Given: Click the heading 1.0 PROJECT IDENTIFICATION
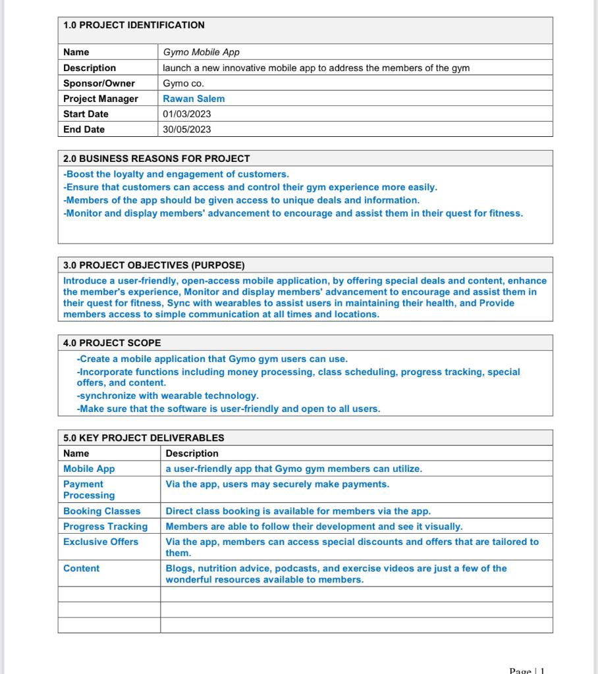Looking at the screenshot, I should point(134,26).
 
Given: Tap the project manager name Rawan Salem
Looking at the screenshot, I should point(194,99).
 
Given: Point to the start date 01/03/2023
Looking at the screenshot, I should point(187,114).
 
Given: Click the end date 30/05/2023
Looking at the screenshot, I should point(187,129).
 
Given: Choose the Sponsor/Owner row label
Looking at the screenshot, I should point(99,83).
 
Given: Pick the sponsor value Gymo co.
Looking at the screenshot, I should point(184,83).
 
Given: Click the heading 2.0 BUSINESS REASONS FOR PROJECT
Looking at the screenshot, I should point(157,159).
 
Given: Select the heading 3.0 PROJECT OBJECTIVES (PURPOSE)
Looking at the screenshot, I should point(154,265).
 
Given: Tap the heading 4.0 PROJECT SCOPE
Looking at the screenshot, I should point(112,343).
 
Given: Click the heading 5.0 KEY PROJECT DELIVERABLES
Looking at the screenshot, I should point(144,438).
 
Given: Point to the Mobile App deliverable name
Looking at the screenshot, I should point(89,469).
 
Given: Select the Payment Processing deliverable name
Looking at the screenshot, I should point(89,490).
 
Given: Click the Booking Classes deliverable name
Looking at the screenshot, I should point(102,511).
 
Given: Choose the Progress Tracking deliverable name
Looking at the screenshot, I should point(105,526).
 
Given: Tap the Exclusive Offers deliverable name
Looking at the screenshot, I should point(101,542).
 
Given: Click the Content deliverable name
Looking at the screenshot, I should point(81,568).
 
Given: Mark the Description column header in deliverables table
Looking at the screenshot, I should point(192,454).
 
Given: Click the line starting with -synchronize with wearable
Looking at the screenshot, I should point(168,396).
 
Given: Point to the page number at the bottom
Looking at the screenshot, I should point(527,670).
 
